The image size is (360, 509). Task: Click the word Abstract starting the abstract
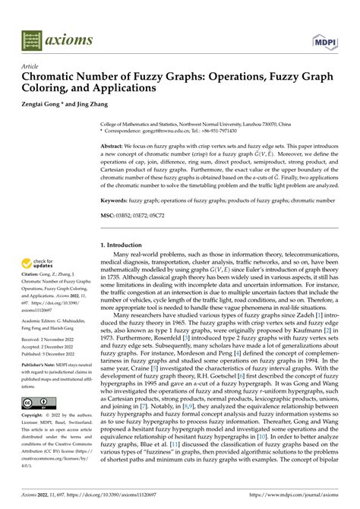[115, 144]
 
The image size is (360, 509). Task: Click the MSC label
[108, 216]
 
